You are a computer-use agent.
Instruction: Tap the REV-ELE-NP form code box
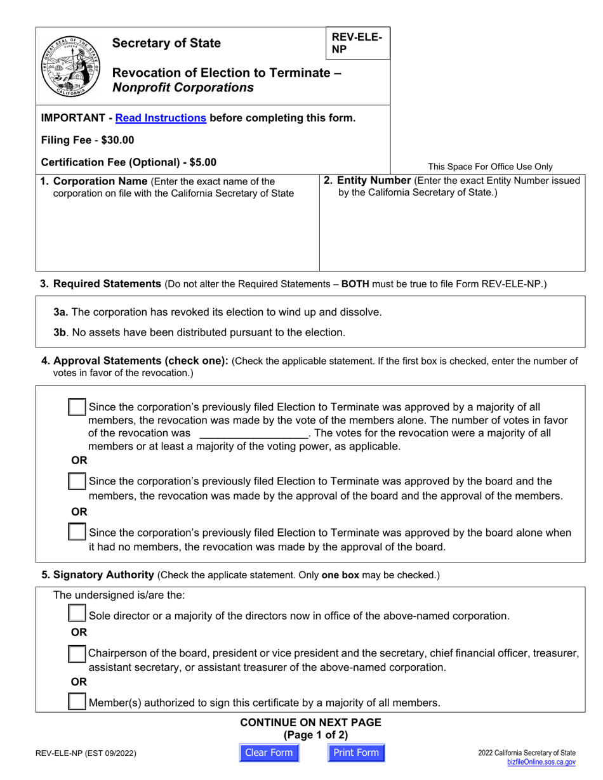pyautogui.click(x=357, y=43)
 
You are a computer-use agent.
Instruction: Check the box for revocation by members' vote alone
pyautogui.click(x=77, y=408)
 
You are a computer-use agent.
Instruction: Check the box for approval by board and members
pyautogui.click(x=77, y=481)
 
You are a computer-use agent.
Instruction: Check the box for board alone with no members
pyautogui.click(x=77, y=532)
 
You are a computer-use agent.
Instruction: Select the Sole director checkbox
pyautogui.click(x=77, y=614)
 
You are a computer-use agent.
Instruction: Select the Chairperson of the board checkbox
pyautogui.click(x=77, y=653)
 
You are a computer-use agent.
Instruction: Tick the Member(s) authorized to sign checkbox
pyautogui.click(x=77, y=701)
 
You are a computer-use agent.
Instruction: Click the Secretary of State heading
pyautogui.click(x=166, y=43)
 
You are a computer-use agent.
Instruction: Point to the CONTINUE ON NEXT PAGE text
pyautogui.click(x=310, y=722)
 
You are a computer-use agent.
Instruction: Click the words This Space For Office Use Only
pyautogui.click(x=490, y=167)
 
